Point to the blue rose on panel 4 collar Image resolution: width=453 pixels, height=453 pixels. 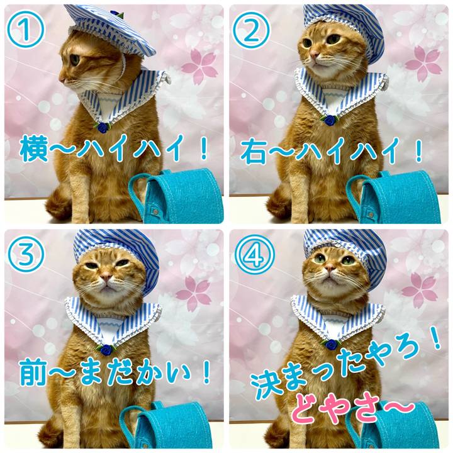click(329, 344)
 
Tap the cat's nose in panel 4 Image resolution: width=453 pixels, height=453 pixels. click(330, 271)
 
